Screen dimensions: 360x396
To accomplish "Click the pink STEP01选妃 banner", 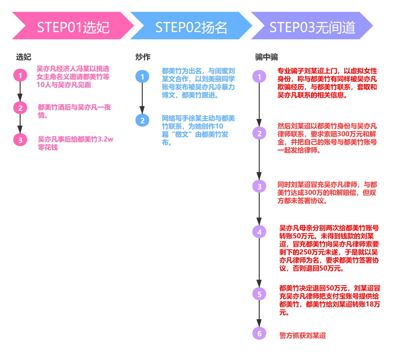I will [73, 26].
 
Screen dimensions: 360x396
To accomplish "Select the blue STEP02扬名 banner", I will [191, 26].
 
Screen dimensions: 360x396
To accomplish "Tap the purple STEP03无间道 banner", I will [312, 26].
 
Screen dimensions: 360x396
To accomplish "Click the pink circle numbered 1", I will [20, 75].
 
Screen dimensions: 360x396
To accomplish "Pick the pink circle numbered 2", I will [20, 108].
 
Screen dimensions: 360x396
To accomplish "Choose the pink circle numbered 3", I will [20, 140].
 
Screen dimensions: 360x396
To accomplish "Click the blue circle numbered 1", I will [142, 76].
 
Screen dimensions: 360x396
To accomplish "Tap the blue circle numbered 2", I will [142, 120].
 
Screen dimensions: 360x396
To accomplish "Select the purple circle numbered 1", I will [259, 76].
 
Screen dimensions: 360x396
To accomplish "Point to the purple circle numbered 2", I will [259, 133].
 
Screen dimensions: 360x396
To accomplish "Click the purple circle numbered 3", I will [259, 186].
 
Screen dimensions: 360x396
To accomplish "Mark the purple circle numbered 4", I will [259, 232].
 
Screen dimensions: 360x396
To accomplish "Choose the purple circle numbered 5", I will [259, 294].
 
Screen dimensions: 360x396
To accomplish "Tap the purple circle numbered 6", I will [259, 334].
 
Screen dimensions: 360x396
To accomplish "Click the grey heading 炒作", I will [143, 57].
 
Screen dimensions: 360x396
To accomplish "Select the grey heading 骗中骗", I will [266, 57].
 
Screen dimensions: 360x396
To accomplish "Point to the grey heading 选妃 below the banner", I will [24, 57].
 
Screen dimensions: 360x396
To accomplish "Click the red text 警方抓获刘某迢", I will [303, 335].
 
